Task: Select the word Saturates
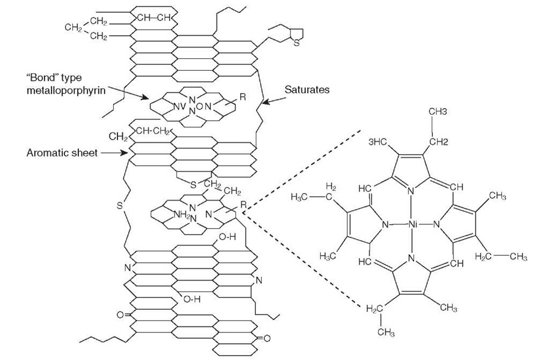click(306, 90)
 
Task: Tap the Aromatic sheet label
click(62, 153)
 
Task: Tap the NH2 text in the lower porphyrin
click(181, 214)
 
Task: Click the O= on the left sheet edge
click(121, 314)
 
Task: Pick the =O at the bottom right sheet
click(260, 338)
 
